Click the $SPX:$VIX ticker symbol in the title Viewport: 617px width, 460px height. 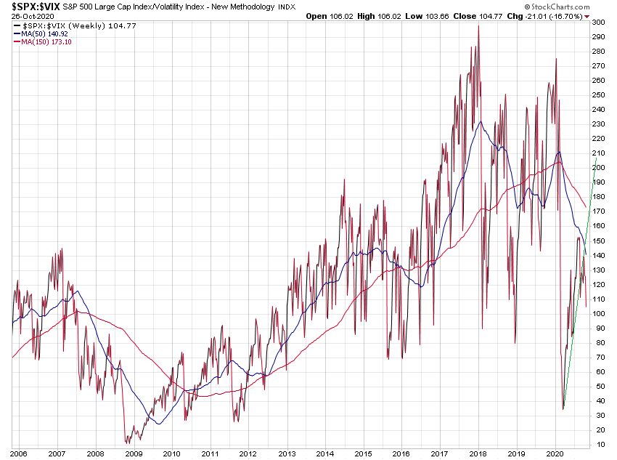click(x=36, y=6)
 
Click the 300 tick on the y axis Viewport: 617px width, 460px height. click(x=598, y=23)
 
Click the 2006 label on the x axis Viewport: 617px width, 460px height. click(x=19, y=453)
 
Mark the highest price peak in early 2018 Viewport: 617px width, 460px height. click(x=478, y=26)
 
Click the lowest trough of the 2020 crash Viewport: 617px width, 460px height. click(x=563, y=409)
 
